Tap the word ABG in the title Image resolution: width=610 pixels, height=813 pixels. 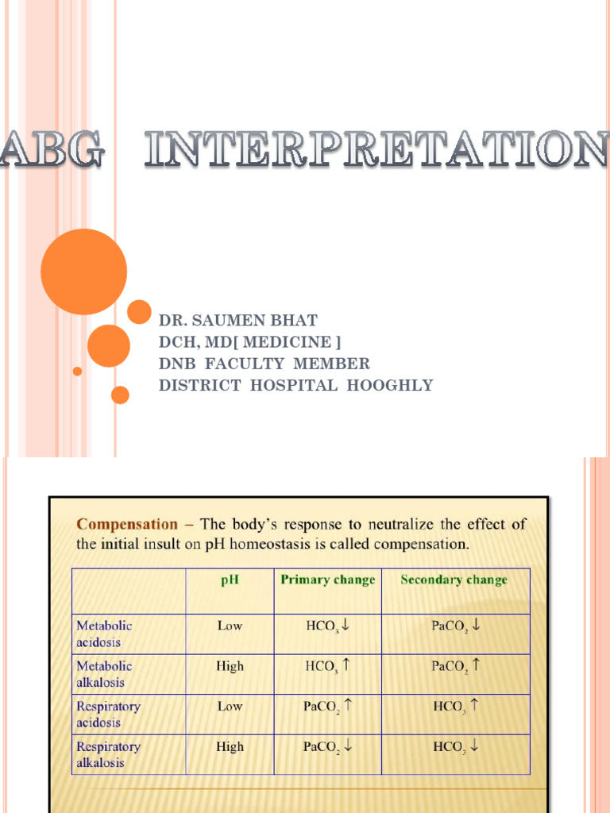tap(51, 150)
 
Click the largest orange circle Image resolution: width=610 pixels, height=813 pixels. tap(83, 272)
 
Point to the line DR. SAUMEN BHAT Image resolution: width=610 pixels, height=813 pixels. tap(238, 321)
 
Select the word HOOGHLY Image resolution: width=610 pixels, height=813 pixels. tap(395, 386)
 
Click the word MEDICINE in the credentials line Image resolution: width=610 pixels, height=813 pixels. tap(287, 342)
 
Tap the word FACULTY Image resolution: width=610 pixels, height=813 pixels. tap(248, 364)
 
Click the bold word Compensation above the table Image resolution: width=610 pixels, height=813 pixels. tap(127, 524)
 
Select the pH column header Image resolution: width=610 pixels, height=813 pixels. tap(230, 580)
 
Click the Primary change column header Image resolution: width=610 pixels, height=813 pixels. tap(327, 580)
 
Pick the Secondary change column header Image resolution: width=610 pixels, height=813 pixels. tap(454, 580)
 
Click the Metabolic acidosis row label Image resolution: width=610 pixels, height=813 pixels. tap(104, 634)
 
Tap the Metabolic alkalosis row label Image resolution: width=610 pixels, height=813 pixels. tap(104, 674)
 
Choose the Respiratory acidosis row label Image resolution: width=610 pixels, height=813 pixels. tap(108, 714)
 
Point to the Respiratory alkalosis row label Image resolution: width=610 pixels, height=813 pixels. tap(108, 754)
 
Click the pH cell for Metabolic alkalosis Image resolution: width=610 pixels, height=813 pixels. tap(230, 666)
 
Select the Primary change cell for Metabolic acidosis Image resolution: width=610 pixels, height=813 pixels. tap(327, 626)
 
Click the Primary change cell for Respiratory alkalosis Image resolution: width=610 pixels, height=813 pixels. tap(327, 746)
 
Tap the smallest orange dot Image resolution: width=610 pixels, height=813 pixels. tap(77, 371)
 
